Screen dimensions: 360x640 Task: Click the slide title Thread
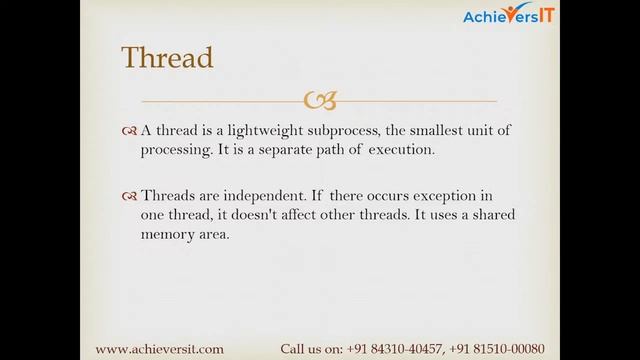tap(167, 57)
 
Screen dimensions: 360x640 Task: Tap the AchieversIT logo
tap(511, 14)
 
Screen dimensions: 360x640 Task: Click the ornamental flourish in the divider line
tap(320, 100)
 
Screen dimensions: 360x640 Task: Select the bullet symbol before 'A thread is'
tap(129, 131)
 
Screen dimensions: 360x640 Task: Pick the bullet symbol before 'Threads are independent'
tap(129, 196)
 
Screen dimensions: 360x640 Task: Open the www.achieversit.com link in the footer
tap(159, 349)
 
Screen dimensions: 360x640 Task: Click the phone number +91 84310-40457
tap(395, 349)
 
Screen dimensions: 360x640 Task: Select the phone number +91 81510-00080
tap(504, 349)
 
